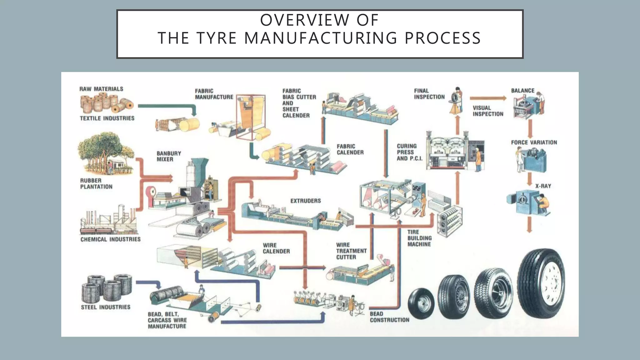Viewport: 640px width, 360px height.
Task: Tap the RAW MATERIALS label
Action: (x=101, y=89)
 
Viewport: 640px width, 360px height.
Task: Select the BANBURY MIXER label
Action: (x=169, y=156)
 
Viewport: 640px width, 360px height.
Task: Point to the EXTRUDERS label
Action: (x=305, y=201)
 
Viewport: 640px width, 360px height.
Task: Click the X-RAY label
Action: (x=543, y=186)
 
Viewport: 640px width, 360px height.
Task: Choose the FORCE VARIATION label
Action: (x=534, y=142)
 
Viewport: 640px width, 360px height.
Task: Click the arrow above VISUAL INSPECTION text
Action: (x=487, y=98)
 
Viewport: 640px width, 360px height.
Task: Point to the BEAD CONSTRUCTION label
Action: (x=389, y=317)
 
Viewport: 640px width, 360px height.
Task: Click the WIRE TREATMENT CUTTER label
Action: (x=351, y=251)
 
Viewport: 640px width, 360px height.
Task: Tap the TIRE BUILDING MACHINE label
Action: (x=419, y=238)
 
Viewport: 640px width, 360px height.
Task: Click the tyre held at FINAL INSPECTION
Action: (x=455, y=97)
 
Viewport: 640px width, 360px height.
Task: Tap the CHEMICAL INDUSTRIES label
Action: (x=110, y=239)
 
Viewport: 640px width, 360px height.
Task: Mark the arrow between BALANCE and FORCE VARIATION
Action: (x=530, y=128)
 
